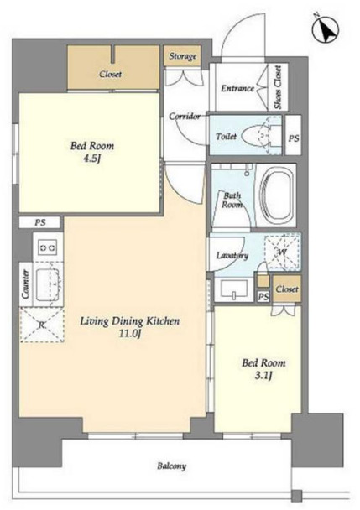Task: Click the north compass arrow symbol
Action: [x=326, y=29]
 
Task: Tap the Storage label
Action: [x=183, y=56]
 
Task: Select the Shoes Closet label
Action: [x=277, y=87]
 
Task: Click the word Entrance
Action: [x=237, y=88]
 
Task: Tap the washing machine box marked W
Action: [x=283, y=252]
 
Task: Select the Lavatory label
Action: [x=232, y=256]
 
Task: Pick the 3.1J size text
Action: [x=263, y=376]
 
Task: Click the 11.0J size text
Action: [x=129, y=334]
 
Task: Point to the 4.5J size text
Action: [x=92, y=159]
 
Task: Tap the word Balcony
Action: [x=171, y=466]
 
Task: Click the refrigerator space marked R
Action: [x=42, y=325]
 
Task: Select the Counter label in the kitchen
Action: [x=25, y=284]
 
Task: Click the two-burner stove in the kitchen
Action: [x=48, y=247]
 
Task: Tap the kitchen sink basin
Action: [x=48, y=284]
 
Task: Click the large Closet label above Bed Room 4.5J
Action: [x=110, y=75]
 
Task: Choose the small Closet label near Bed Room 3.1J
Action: [x=287, y=289]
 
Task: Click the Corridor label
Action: [x=185, y=116]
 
